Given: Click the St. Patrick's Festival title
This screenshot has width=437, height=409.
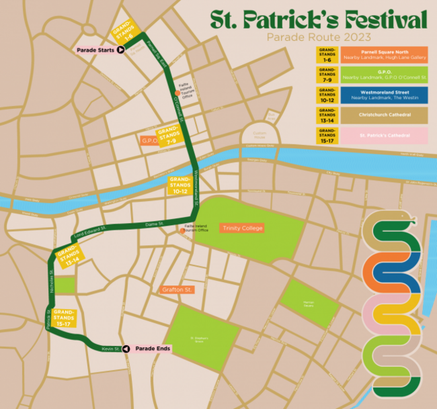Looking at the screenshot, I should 317,19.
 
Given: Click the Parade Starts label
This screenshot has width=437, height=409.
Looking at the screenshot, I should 93,49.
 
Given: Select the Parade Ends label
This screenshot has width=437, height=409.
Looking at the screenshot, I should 153,349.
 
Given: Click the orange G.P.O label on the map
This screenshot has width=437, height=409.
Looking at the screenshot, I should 148,140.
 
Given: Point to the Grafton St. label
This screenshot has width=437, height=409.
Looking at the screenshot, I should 177,289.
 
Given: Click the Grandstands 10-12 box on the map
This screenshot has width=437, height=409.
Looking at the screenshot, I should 180,185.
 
